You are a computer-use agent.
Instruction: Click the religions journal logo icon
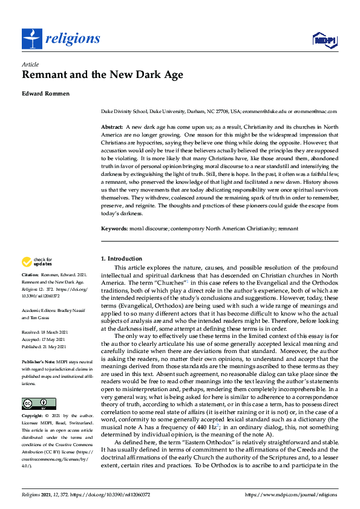[31, 39]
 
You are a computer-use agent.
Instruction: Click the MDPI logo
[324, 40]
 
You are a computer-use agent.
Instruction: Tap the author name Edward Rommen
[47, 94]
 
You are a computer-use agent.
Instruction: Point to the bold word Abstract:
[112, 126]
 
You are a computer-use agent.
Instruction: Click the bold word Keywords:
[114, 230]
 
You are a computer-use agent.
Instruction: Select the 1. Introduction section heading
[122, 259]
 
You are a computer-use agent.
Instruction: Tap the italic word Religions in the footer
[33, 494]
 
